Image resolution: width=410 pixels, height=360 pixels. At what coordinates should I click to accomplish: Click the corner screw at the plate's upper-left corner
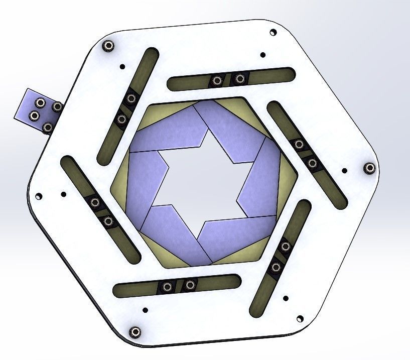tap(107, 46)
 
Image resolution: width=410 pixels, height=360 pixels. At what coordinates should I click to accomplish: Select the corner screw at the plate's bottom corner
tap(134, 331)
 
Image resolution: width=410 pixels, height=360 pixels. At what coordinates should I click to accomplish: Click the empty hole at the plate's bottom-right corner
tap(300, 318)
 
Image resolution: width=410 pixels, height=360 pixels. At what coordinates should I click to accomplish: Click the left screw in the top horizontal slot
tap(217, 80)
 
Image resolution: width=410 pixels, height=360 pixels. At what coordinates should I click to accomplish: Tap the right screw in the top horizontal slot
tap(240, 78)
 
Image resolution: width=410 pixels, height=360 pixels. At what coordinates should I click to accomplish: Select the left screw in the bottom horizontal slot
tap(167, 287)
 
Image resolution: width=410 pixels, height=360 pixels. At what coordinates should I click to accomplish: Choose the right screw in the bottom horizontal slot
tap(190, 285)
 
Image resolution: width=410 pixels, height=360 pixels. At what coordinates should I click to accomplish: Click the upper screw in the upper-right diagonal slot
tap(299, 145)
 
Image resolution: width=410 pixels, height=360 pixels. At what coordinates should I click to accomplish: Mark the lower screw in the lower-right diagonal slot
tap(275, 268)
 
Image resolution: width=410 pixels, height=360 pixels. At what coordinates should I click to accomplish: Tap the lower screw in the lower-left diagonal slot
tap(107, 221)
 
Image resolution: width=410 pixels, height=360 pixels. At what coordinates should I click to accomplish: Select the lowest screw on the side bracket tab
tap(48, 128)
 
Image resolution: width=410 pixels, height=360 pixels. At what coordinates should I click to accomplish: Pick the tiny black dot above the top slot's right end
tap(262, 55)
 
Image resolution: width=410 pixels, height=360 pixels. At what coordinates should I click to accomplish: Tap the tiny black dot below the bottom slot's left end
tap(145, 309)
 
